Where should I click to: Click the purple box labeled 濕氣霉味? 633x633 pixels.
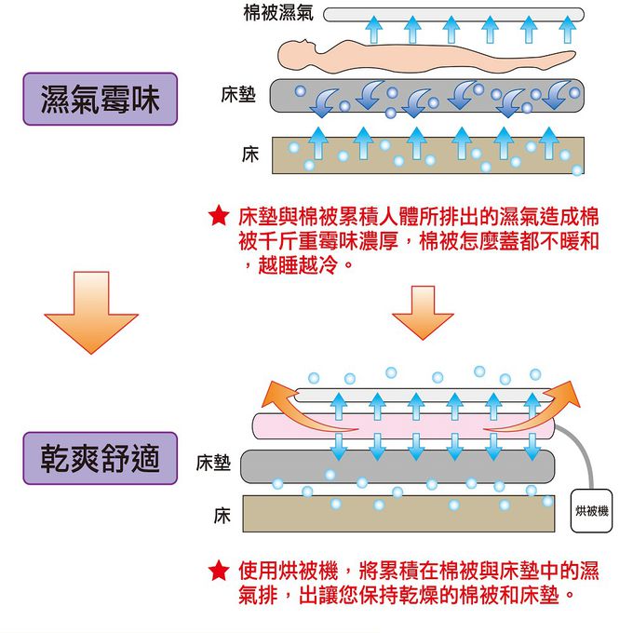click(101, 99)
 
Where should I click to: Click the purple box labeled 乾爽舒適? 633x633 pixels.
click(101, 458)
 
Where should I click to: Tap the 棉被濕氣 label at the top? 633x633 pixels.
click(277, 14)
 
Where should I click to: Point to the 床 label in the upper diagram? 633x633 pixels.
click(249, 155)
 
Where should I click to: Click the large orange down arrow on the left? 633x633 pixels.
click(91, 312)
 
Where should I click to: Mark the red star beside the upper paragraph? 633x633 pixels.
click(218, 218)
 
